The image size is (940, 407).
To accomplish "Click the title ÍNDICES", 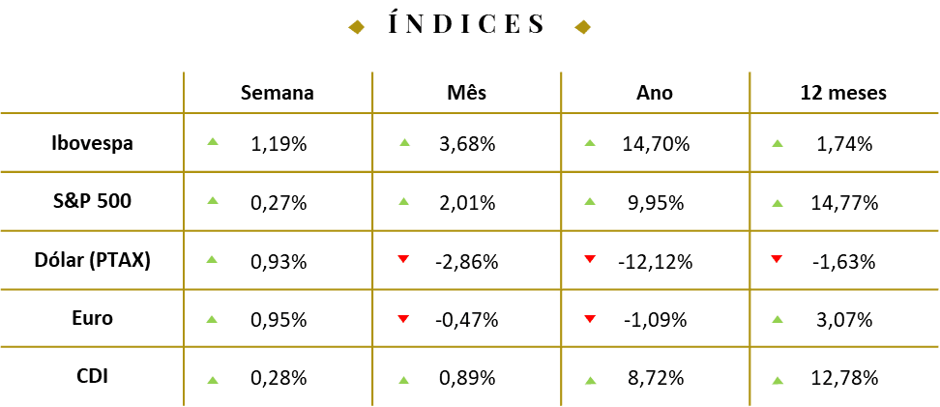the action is click(467, 23).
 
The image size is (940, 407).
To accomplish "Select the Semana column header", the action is click(277, 93).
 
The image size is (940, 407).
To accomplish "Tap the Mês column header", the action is click(466, 93).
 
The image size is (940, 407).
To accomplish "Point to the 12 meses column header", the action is click(843, 93).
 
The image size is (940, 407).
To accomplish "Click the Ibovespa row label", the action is click(92, 144).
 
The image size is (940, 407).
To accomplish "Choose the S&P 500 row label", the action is click(92, 201).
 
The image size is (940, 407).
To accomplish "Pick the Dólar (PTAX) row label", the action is click(92, 261).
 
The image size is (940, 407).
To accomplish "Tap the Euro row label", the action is click(92, 318).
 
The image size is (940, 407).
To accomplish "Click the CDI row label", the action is click(92, 376).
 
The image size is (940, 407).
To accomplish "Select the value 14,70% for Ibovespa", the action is click(655, 144).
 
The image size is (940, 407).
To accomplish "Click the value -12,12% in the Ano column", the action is click(655, 262).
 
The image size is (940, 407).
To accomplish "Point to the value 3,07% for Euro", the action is click(843, 320).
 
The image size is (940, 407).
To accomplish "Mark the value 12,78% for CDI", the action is click(843, 378).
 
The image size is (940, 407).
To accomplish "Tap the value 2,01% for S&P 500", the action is click(466, 203).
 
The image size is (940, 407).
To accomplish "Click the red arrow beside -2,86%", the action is click(403, 258).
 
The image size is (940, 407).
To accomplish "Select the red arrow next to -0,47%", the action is click(403, 318).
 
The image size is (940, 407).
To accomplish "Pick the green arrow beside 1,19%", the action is click(212, 141).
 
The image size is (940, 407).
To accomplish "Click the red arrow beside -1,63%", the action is click(778, 258).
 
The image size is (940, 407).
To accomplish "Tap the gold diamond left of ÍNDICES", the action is click(357, 27).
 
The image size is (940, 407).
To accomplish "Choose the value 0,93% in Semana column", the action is click(279, 262).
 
